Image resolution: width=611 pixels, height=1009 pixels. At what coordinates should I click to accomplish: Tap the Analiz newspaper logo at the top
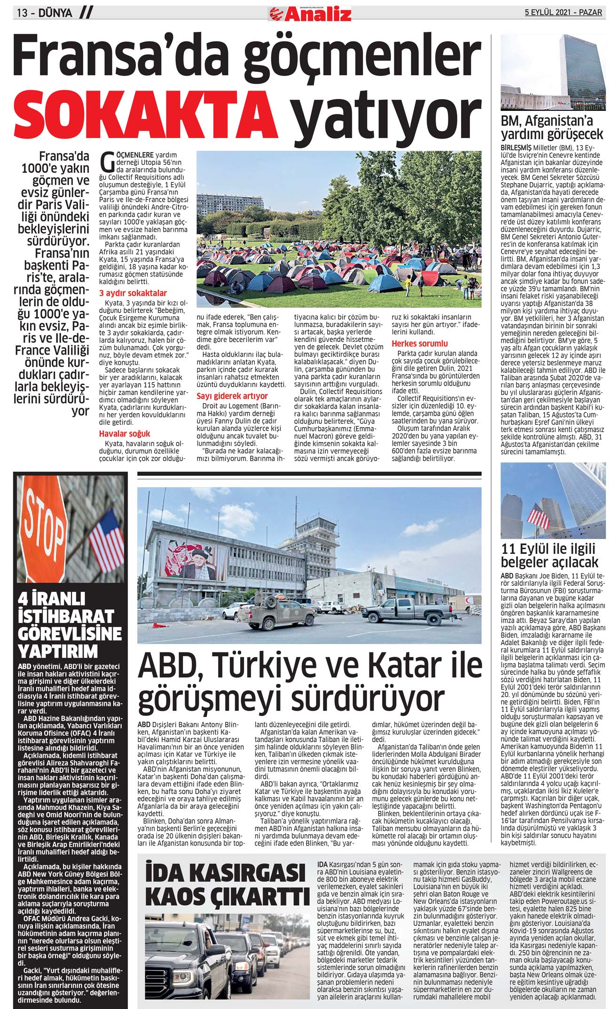pyautogui.click(x=310, y=15)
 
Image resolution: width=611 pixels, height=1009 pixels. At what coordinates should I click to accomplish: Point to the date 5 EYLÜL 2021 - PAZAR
pyautogui.click(x=563, y=12)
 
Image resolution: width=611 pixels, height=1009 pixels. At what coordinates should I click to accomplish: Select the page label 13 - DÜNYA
pyautogui.click(x=45, y=13)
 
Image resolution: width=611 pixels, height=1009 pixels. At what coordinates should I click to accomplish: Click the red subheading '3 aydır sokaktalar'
pyautogui.click(x=133, y=293)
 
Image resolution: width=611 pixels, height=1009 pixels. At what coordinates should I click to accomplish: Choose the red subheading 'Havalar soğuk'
pyautogui.click(x=125, y=434)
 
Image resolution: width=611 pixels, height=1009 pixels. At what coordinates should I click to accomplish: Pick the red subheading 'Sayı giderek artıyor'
pyautogui.click(x=232, y=396)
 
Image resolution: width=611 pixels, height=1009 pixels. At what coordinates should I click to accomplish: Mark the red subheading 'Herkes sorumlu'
pyautogui.click(x=420, y=343)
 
